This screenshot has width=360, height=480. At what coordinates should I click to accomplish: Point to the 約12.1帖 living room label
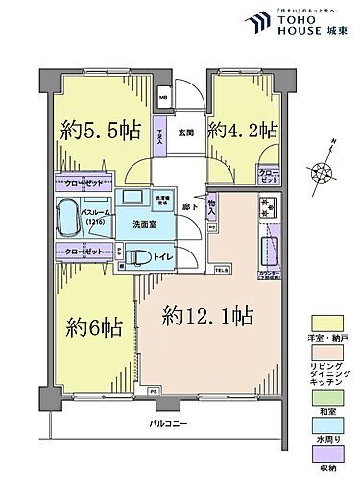pyautogui.click(x=207, y=315)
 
